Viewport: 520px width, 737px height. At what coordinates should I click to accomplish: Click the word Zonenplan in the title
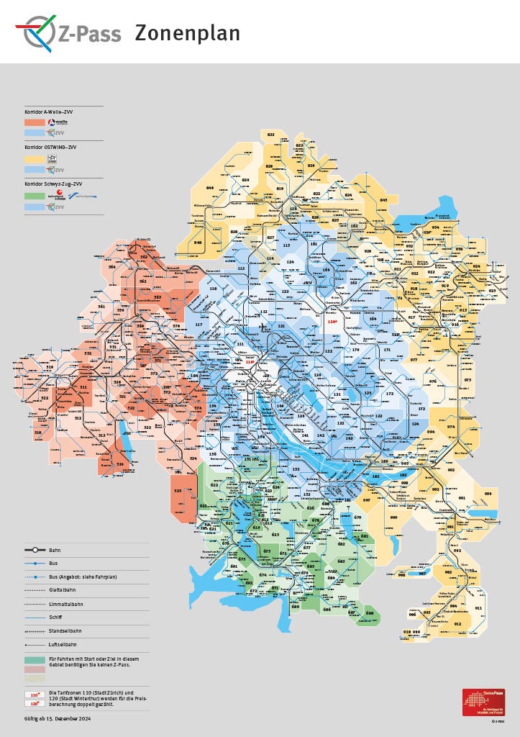187,33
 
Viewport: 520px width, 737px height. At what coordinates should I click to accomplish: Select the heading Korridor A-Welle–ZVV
50,112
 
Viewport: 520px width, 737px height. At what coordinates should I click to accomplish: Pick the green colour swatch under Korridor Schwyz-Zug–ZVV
33,196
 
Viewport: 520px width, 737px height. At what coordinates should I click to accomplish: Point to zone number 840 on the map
211,187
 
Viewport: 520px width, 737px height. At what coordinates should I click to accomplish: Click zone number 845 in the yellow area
383,199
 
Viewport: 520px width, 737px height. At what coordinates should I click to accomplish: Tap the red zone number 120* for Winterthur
332,322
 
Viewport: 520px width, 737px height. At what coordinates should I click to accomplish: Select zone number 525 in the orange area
178,491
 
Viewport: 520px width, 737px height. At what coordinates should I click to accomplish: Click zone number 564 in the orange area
112,267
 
